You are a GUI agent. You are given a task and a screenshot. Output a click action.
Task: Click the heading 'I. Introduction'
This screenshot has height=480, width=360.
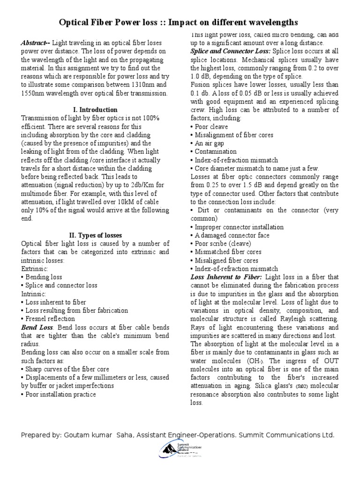point(95,110)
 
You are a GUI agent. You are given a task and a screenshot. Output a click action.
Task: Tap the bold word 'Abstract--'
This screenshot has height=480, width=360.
point(35,43)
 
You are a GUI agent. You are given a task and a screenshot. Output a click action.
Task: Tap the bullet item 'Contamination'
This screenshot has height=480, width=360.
point(214,152)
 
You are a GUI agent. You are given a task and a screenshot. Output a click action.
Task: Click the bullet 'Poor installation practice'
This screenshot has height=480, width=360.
point(60,394)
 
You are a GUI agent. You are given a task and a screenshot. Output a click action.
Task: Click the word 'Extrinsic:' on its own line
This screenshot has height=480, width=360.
point(35,269)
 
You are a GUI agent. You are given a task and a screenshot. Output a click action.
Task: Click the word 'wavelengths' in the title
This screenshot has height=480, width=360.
point(273,22)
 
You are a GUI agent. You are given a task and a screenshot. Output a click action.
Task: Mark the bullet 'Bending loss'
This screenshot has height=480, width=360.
point(43,277)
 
